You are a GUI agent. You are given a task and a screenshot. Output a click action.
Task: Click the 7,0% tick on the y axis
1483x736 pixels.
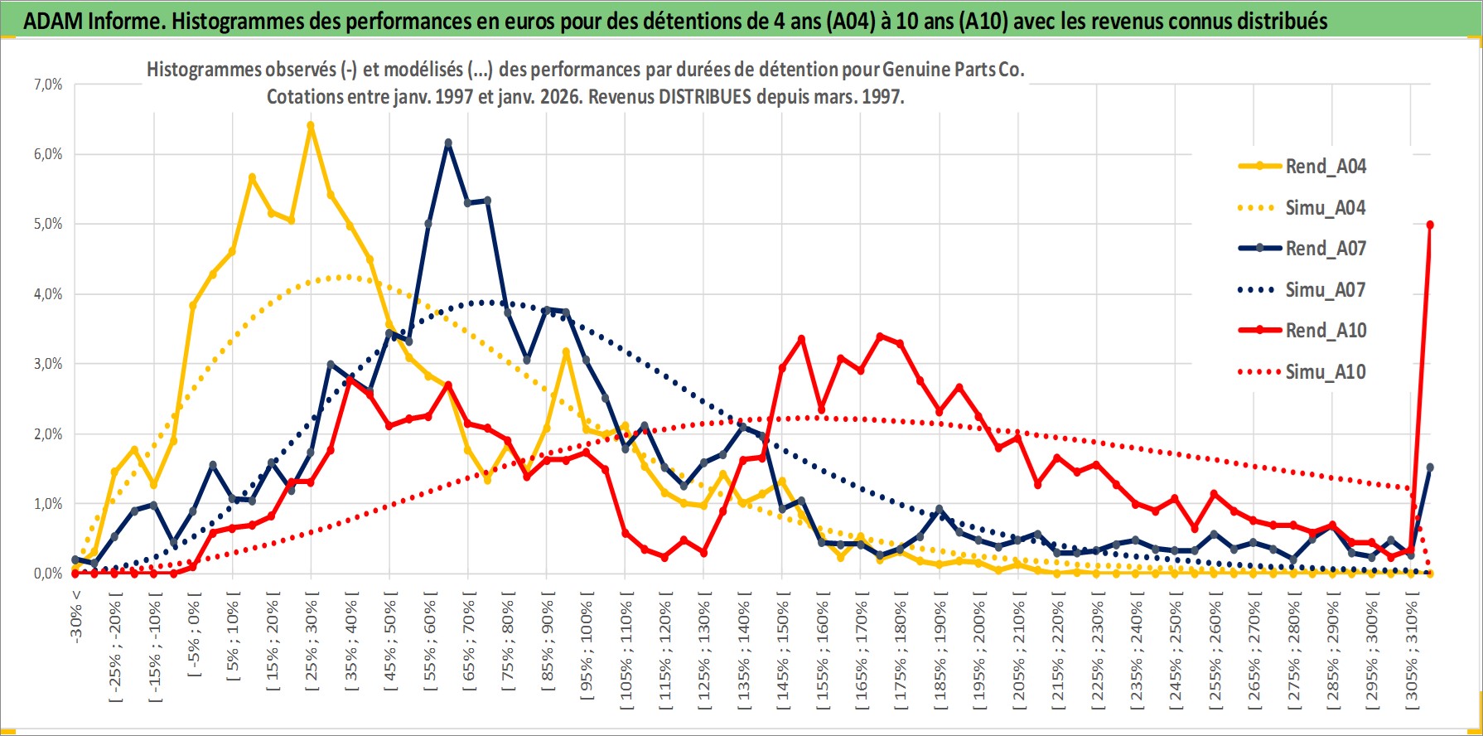[x=48, y=85]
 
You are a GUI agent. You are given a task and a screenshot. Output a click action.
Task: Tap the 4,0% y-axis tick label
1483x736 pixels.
[x=48, y=294]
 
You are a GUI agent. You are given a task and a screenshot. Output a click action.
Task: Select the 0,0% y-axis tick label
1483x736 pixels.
[x=48, y=574]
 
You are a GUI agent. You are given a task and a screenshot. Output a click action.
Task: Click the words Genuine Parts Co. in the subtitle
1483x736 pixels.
[x=953, y=70]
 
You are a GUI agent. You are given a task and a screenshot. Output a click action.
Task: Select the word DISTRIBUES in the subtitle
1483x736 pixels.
[x=704, y=97]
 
